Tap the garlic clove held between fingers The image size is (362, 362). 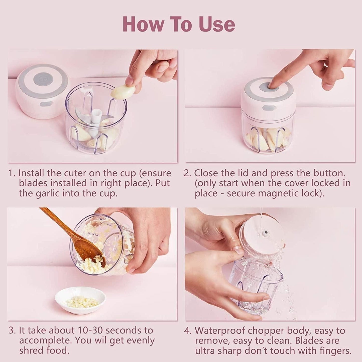123,91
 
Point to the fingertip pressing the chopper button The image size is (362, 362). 273,85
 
